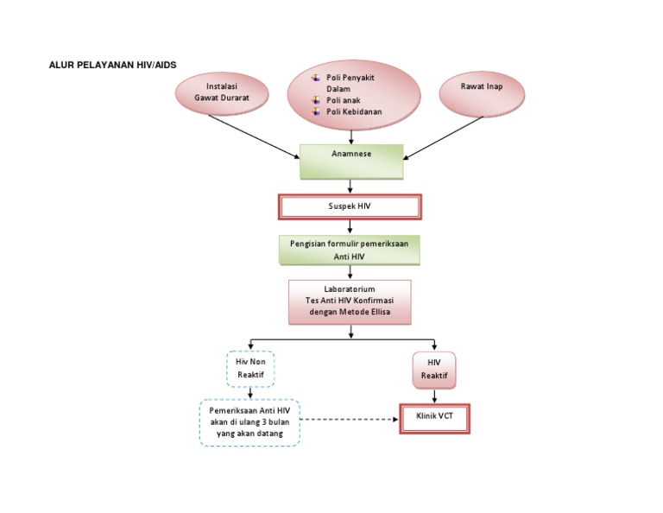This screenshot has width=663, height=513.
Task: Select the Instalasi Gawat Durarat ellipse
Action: (x=221, y=92)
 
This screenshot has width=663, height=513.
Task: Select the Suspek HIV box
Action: (x=349, y=207)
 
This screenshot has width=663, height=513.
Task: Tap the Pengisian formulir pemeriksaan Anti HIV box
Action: (x=350, y=250)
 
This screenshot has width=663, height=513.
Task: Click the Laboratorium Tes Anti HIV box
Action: (x=350, y=300)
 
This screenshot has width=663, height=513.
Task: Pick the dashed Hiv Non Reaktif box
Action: (x=250, y=368)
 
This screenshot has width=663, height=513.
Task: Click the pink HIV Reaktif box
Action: (x=434, y=369)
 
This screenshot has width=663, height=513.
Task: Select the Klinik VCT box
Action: (x=434, y=418)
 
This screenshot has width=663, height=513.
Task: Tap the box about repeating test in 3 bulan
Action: (x=249, y=422)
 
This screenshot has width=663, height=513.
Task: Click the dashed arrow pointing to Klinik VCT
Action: (x=350, y=420)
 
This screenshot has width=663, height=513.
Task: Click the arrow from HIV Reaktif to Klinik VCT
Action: (x=434, y=396)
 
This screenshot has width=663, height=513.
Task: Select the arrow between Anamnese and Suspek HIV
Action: (x=350, y=187)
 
